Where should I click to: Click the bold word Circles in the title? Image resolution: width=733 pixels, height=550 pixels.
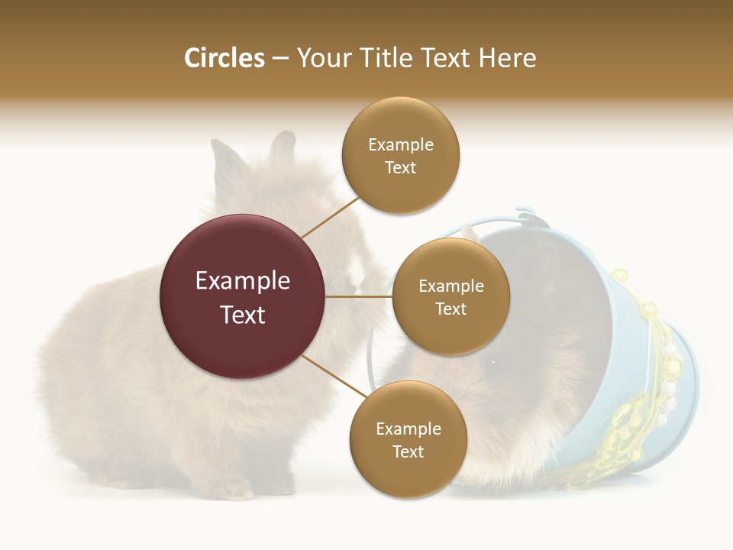pos(224,58)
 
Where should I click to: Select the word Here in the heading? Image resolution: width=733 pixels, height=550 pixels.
pos(507,58)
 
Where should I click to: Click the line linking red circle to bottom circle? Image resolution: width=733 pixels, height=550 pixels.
pos(334,375)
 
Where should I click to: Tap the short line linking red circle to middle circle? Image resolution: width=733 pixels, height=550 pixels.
pos(359,296)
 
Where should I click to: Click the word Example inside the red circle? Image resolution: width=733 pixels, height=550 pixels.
pos(242,281)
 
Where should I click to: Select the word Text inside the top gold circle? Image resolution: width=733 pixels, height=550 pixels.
pos(401,168)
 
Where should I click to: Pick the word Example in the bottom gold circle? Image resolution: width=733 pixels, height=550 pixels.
pos(408,429)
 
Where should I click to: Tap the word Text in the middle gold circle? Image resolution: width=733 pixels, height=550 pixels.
pos(450,309)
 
